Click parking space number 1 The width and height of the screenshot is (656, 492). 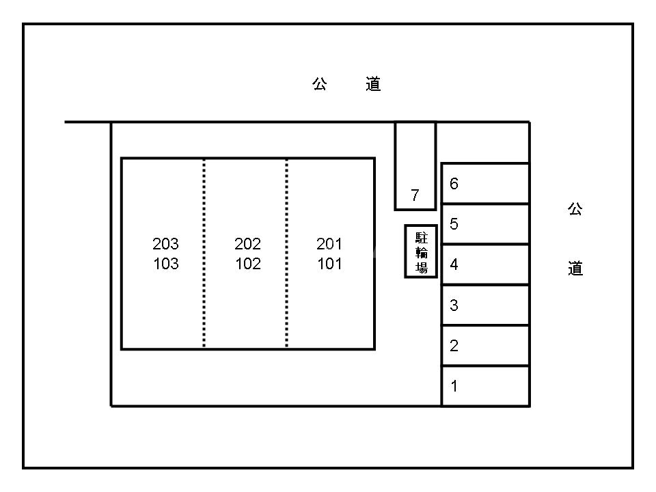[x=485, y=386]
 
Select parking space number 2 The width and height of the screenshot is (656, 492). [x=485, y=346]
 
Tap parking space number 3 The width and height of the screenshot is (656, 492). [x=485, y=305]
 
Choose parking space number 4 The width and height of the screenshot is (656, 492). [x=485, y=264]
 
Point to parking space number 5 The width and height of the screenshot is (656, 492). [x=485, y=223]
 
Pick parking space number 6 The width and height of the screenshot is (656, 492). [x=485, y=183]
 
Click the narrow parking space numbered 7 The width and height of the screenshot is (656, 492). [x=415, y=166]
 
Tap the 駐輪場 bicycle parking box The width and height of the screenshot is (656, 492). [x=421, y=251]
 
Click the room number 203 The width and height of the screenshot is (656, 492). [x=165, y=244]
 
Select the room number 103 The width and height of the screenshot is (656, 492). [x=165, y=264]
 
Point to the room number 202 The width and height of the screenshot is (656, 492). [x=247, y=244]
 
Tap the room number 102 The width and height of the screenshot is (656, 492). [x=247, y=264]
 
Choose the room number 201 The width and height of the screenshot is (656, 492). [x=329, y=244]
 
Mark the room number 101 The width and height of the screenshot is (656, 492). [x=329, y=264]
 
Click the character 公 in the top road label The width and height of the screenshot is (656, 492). [x=320, y=84]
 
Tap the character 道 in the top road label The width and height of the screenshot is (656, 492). [x=373, y=84]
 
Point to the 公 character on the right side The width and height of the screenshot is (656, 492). [x=575, y=209]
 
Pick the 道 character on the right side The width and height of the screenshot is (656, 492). [x=575, y=269]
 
